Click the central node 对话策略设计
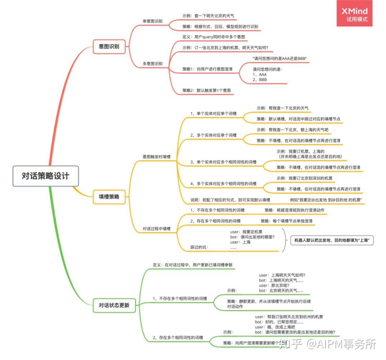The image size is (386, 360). coord(45,176)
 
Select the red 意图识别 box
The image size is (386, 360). coord(109,47)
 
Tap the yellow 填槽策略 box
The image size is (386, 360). coord(109,196)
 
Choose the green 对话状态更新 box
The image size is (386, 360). coord(114,305)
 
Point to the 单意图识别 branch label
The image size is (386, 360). coord(152,21)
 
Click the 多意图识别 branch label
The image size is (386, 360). coord(152,64)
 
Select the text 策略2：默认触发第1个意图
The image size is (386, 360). coord(207,91)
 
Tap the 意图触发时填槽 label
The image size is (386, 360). coord(157,157)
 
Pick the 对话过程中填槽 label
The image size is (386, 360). coord(157,228)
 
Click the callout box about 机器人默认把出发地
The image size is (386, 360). coord(332,240)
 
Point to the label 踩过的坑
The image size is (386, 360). coord(199,247)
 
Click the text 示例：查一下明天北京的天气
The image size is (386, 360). coord(208,16)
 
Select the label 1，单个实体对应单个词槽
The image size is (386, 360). coord(213,113)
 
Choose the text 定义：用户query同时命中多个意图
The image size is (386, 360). coord(213,37)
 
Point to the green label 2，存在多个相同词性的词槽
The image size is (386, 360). coord(178,337)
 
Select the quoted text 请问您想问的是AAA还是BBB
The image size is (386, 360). coord(280,58)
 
